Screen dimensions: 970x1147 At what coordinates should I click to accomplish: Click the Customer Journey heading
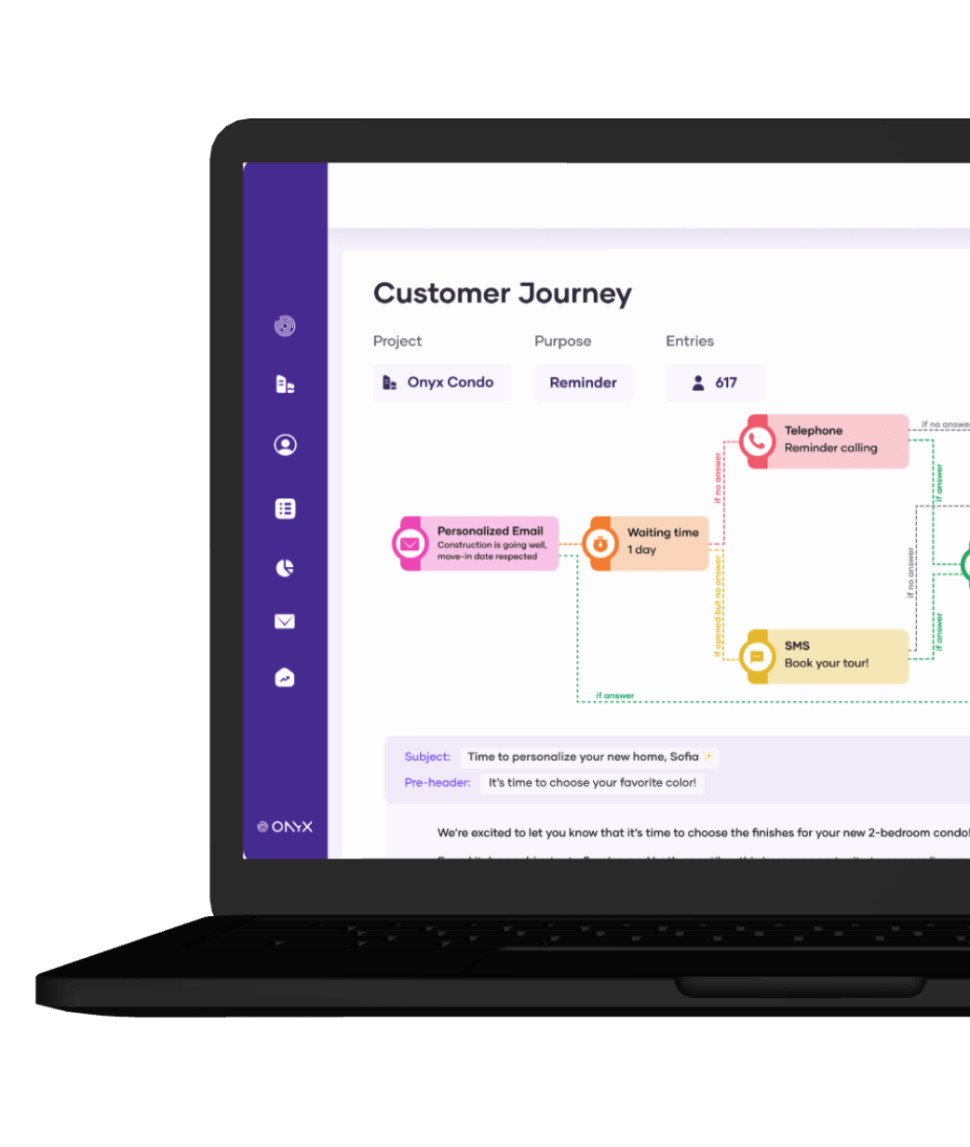click(502, 294)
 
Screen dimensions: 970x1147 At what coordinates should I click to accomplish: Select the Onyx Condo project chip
click(442, 383)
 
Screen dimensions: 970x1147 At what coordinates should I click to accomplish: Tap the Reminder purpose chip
click(583, 383)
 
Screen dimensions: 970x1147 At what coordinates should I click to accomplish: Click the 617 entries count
click(715, 383)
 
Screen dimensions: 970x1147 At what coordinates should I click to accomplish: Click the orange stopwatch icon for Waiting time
click(600, 543)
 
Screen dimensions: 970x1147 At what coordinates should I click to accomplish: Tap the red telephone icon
click(758, 441)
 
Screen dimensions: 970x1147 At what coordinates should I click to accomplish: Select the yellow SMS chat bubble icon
click(758, 656)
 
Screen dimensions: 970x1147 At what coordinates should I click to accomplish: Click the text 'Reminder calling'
click(830, 448)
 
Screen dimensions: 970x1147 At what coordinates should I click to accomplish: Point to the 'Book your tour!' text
click(827, 663)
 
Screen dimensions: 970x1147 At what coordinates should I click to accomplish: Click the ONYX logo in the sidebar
click(285, 827)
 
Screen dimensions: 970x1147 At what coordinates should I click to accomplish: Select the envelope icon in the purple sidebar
click(285, 621)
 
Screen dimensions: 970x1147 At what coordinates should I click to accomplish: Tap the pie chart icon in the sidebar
click(285, 568)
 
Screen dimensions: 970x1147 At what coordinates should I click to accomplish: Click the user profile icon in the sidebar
click(285, 445)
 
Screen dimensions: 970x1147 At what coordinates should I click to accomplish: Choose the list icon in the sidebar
click(285, 508)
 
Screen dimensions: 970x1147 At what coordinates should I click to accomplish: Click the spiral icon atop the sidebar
click(285, 326)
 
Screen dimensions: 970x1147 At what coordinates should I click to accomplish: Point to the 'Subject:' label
click(427, 757)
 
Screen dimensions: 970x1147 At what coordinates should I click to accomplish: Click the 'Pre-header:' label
click(438, 783)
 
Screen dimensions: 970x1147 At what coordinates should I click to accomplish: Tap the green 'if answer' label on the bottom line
click(614, 695)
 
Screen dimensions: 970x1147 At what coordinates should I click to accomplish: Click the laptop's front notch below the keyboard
click(801, 986)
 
